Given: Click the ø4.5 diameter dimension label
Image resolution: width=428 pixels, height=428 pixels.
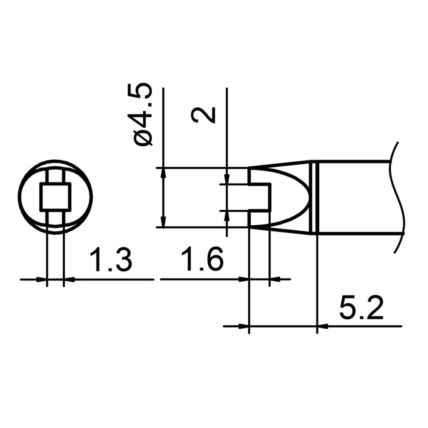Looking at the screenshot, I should (143, 115).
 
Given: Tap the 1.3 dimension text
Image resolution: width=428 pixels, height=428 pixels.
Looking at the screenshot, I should (111, 260).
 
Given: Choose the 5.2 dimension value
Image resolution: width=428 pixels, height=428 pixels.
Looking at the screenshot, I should (361, 309).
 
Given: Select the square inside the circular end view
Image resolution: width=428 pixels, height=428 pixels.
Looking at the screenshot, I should (56, 196).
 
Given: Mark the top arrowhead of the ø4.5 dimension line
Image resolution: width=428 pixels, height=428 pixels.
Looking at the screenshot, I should (163, 173).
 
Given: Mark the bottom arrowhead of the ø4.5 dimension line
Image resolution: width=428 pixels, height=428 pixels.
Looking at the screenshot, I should (163, 223).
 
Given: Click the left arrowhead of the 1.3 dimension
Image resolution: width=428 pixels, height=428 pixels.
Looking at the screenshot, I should (42, 279).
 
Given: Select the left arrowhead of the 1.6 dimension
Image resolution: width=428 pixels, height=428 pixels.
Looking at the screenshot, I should (244, 279).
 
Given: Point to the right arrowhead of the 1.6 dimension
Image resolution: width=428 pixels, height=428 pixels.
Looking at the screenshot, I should (275, 279).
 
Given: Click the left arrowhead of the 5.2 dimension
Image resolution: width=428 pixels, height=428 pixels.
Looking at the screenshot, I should (244, 326).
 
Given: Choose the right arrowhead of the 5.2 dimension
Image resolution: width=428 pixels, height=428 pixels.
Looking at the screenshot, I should (322, 326).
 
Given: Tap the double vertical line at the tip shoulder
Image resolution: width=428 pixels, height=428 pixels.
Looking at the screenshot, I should (315, 197).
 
